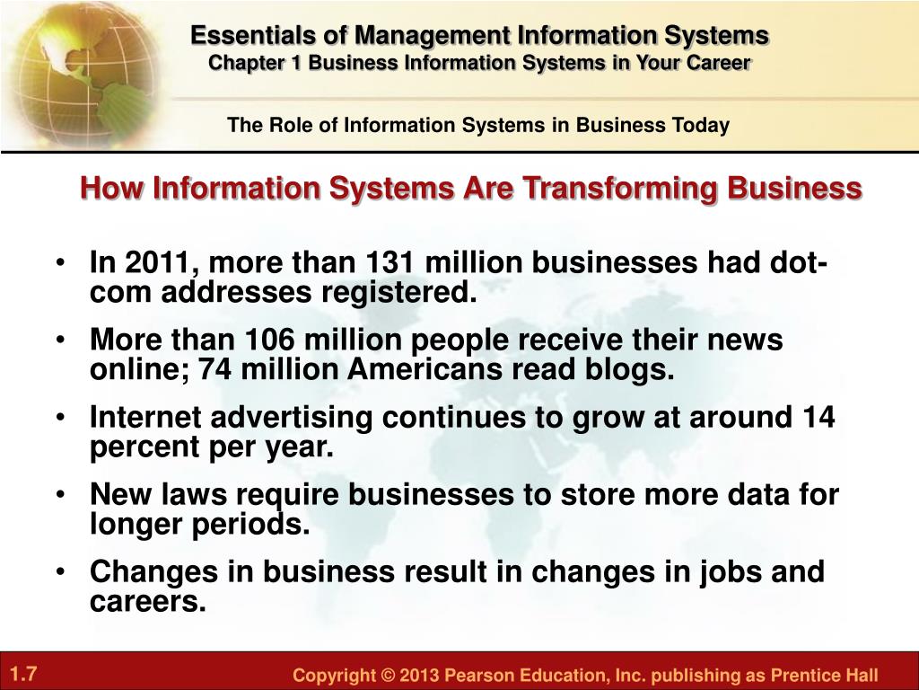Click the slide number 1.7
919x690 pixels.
point(23,672)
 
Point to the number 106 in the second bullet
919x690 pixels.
point(269,339)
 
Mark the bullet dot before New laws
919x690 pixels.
point(60,495)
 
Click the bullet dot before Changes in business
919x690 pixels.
point(60,572)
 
